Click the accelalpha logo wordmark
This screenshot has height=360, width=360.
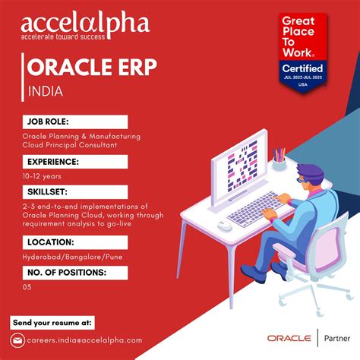click(x=86, y=24)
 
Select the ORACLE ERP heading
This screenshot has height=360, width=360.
click(x=92, y=68)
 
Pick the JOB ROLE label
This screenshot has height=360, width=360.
click(x=52, y=121)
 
